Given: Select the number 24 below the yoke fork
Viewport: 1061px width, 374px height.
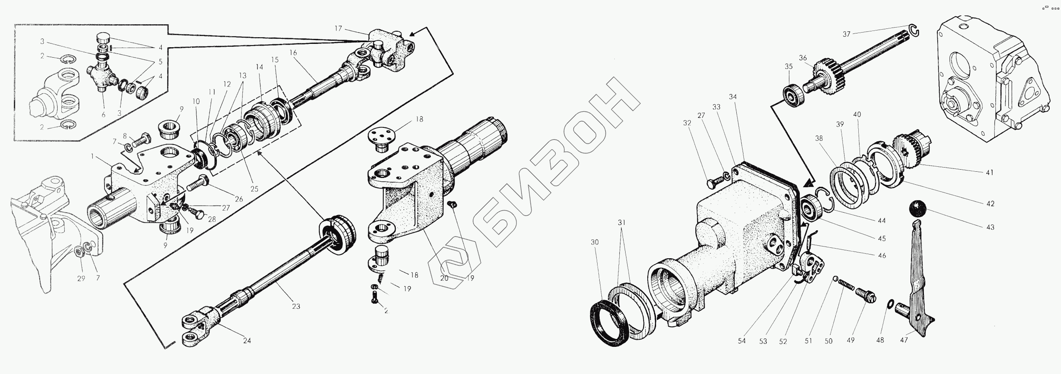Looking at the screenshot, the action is coord(247,341).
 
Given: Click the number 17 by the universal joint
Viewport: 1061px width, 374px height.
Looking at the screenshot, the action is coord(338,28).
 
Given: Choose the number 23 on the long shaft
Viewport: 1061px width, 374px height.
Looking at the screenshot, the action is coord(296,306).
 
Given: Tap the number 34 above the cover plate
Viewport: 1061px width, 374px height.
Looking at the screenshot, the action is coord(744,97).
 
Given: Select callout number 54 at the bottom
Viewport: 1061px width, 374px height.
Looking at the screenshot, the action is coord(741,341).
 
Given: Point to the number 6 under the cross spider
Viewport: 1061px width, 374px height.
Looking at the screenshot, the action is coord(103,114).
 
